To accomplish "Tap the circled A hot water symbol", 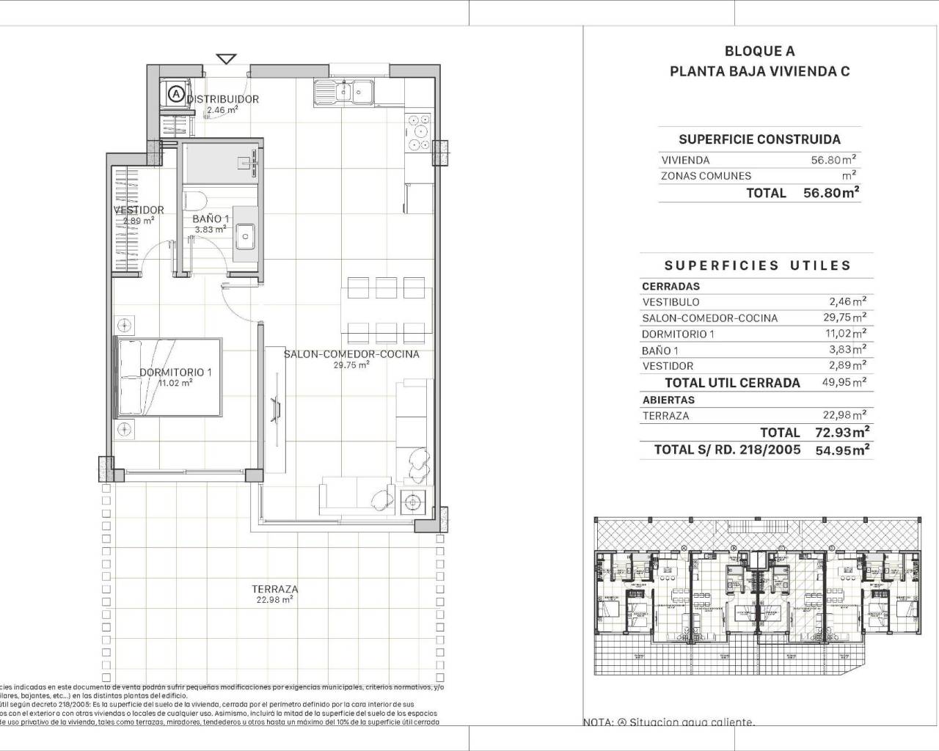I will pos(175,94).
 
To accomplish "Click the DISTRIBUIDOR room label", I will pos(222,99).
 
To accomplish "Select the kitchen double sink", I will pos(343,92).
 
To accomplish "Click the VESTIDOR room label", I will pos(139,210).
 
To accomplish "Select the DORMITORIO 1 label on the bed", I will pos(175,373).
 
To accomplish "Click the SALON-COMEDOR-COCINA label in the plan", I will pos(351,354).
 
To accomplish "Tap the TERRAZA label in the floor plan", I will pos(275,589).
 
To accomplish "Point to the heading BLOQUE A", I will pos(759,51).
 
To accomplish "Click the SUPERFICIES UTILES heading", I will pos(758,265).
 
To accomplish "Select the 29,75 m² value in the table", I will pos(843,318).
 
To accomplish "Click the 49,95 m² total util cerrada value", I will pos(843,382).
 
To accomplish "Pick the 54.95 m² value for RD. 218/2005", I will pos(843,450).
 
